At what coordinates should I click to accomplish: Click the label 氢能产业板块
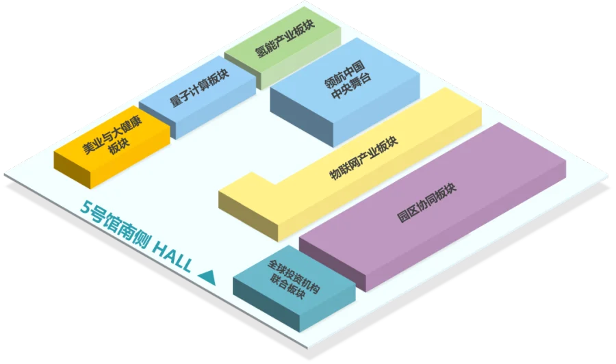point(285,38)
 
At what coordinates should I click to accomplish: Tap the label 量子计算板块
point(200,88)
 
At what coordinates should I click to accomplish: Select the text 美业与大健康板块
point(112,137)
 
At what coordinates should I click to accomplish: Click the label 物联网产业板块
point(363,158)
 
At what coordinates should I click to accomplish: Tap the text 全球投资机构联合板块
point(293,279)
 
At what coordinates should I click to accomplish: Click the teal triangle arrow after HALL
point(207,277)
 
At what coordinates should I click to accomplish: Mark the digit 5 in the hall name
point(86,207)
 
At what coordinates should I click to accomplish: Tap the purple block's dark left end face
point(333,264)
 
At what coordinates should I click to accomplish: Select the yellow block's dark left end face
point(248,216)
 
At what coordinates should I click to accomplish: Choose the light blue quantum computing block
point(198,97)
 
